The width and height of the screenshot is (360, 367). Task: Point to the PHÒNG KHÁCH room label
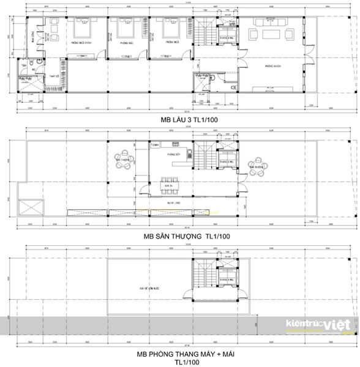click(x=272, y=65)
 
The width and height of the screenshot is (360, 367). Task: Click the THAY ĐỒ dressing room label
click(x=53, y=76)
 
